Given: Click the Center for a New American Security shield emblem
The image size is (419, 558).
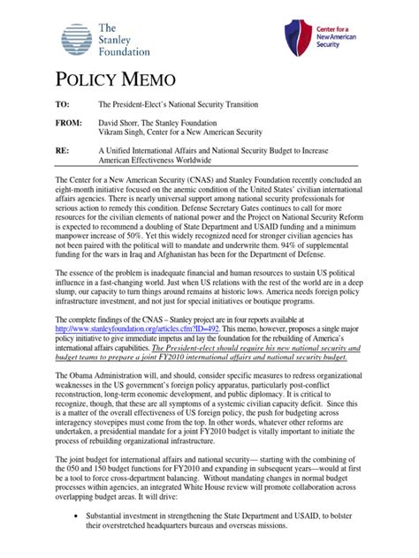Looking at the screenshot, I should tap(299, 39).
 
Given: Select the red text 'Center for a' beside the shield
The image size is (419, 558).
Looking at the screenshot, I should tap(337, 29).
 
